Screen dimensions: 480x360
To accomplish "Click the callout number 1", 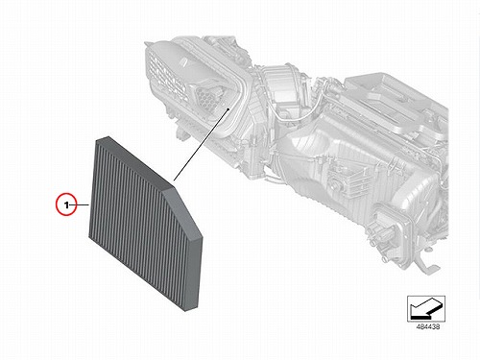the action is (x=66, y=204).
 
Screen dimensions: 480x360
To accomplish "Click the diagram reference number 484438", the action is (x=428, y=327).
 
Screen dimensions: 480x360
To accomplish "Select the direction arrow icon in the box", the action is (x=426, y=308).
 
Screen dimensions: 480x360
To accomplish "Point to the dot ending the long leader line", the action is (x=228, y=108).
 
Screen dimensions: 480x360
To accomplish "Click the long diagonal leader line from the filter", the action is (x=201, y=145).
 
